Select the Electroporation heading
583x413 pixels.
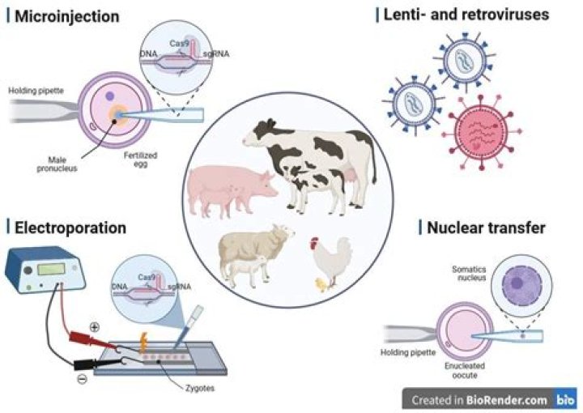(70, 228)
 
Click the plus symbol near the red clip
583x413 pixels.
(96, 329)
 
